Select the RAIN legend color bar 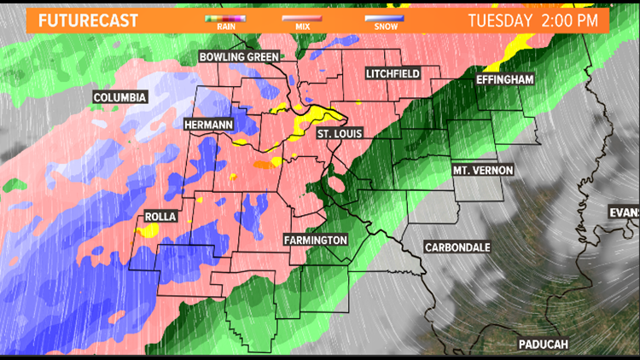(x=225, y=17)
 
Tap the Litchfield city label (x=393, y=74)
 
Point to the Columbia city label (x=121, y=97)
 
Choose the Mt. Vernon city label (x=483, y=171)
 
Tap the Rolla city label (x=160, y=217)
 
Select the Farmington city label (x=316, y=241)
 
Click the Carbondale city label (x=457, y=247)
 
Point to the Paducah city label (x=543, y=344)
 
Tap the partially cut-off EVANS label (x=624, y=212)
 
